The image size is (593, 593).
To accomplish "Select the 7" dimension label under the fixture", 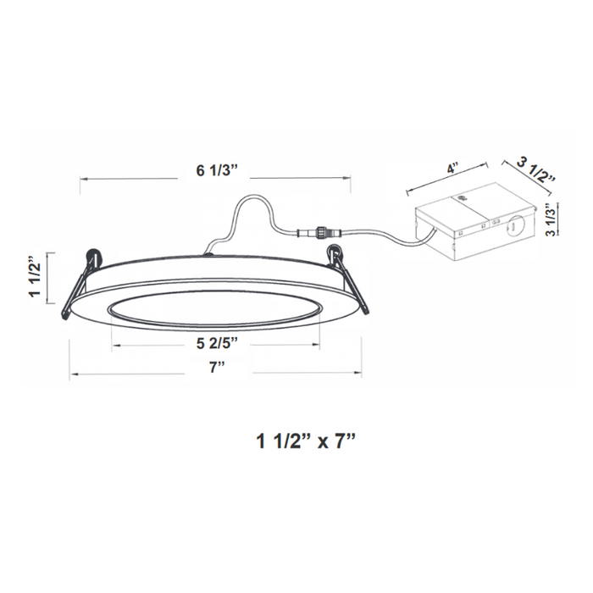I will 216,365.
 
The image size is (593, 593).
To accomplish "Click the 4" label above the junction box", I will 455,169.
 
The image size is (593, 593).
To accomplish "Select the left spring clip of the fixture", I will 80,284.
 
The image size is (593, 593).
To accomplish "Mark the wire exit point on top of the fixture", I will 209,251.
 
